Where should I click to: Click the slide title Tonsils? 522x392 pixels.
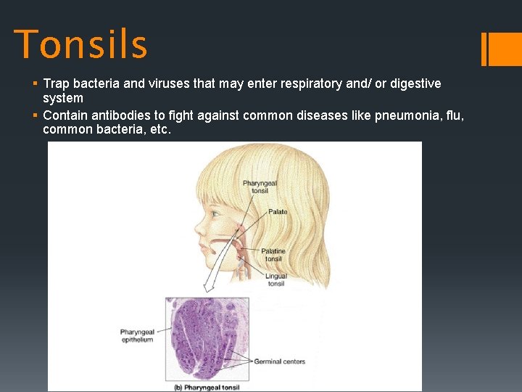point(80,44)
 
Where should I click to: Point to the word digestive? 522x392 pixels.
point(415,83)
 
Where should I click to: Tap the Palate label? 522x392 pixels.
point(278,212)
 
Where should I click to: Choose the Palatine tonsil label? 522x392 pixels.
point(273,255)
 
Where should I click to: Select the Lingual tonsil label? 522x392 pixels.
point(276,279)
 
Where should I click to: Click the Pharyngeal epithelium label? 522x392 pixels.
point(137,336)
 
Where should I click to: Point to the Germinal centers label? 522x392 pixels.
point(279,362)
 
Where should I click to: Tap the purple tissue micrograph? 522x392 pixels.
point(207,338)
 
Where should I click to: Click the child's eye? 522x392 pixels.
point(215,215)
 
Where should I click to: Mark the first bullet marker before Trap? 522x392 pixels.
point(36,84)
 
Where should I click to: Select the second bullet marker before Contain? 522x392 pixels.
point(36,116)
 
